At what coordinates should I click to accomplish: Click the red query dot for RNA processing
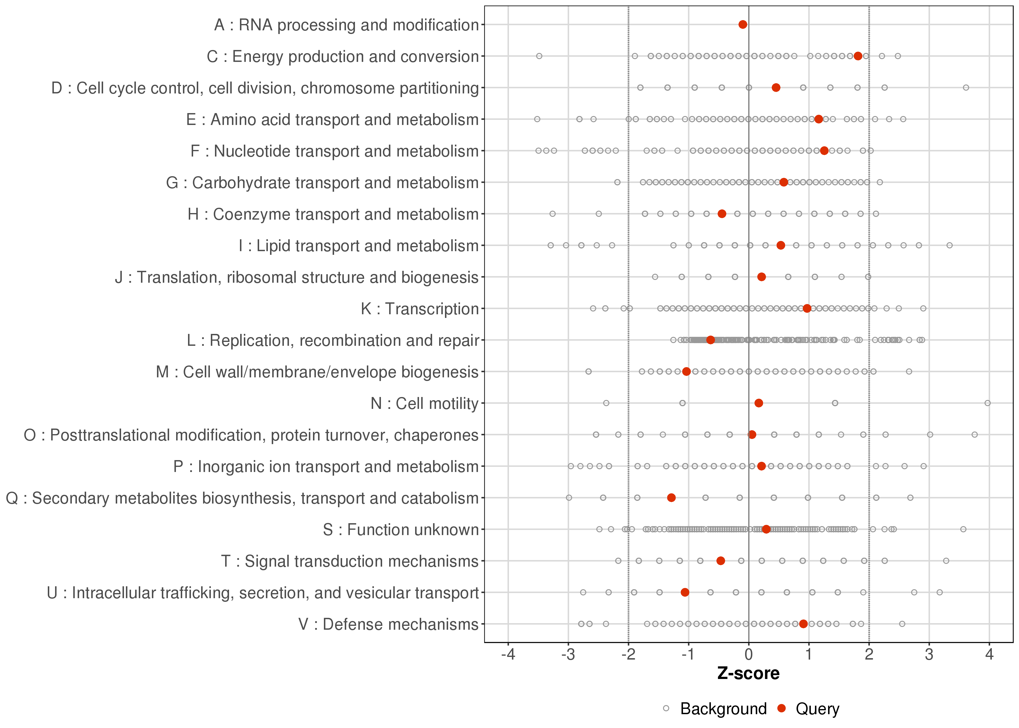click(x=742, y=24)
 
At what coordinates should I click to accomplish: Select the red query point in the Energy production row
click(x=858, y=56)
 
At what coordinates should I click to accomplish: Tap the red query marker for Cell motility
click(x=759, y=403)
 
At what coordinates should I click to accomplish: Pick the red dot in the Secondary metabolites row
click(x=671, y=497)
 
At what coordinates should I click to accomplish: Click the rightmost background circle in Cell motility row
click(x=988, y=403)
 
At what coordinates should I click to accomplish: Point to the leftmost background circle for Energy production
click(x=539, y=56)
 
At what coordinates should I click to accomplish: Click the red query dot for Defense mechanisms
click(x=804, y=624)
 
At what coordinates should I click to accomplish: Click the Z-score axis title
click(x=748, y=674)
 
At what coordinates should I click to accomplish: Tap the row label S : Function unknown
click(x=401, y=530)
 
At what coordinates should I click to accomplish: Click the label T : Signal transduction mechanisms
click(x=350, y=561)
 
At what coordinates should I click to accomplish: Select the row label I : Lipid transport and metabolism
click(x=359, y=246)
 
